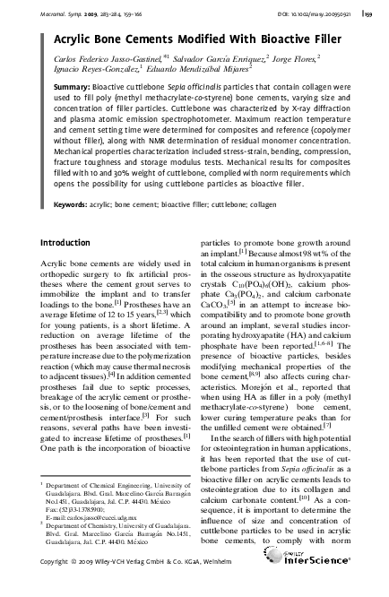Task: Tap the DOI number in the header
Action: pos(314,13)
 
